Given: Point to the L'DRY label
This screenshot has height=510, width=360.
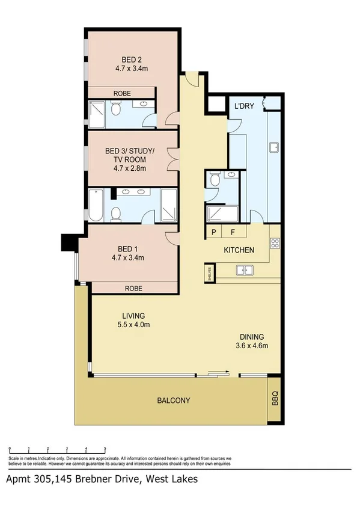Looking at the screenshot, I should pos(243,106).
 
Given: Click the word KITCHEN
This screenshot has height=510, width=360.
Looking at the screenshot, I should pos(239,250).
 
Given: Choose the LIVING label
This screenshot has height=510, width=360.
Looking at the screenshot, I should pos(133,316).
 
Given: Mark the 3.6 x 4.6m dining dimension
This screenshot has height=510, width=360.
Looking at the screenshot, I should pos(251,345).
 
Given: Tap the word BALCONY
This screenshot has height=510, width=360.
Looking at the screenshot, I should pos(175,401).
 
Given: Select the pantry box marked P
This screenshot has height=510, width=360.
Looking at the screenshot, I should pos(213,232).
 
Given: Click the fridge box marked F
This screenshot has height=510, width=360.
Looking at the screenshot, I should pos(233,232).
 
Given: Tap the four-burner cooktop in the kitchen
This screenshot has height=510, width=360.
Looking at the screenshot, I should pos(275,244).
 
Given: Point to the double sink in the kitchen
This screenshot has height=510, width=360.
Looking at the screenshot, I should pos(244,270).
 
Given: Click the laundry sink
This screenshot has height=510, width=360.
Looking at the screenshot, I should pos(273,148).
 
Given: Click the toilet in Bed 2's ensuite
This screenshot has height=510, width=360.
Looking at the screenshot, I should pos(116,109).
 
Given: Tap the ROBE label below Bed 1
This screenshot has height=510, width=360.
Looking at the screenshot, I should pos(133,289).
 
